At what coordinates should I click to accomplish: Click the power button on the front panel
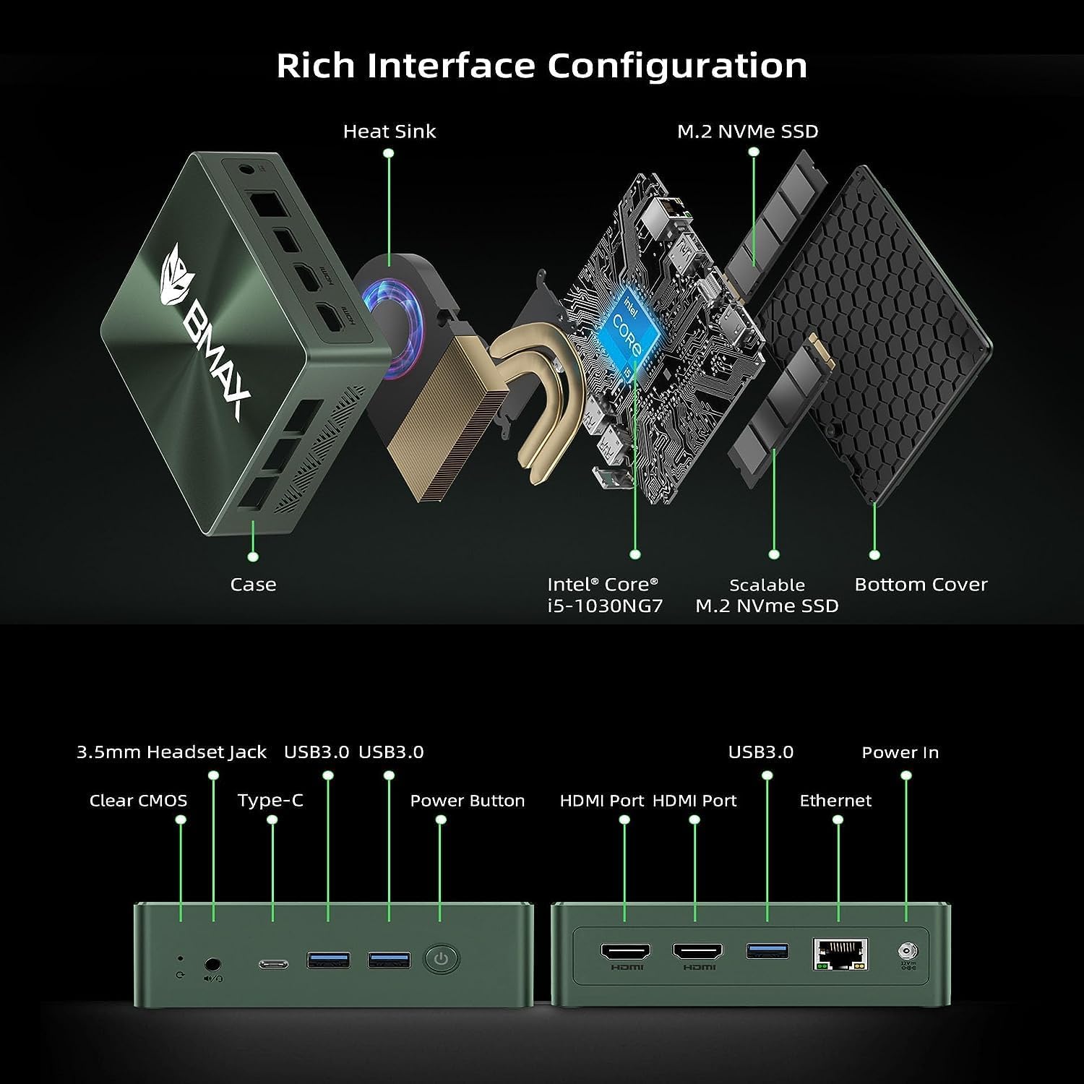click(442, 960)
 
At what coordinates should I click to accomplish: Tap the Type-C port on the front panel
click(273, 963)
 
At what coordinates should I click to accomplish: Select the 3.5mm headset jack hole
click(213, 963)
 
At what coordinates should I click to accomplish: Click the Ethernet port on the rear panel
click(840, 954)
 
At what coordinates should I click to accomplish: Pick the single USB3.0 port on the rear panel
click(767, 950)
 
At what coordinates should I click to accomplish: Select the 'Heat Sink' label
click(390, 132)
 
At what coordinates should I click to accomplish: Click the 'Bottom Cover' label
click(921, 585)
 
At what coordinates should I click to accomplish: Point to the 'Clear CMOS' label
click(138, 801)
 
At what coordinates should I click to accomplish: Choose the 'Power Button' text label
click(467, 801)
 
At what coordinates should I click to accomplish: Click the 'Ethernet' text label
click(835, 801)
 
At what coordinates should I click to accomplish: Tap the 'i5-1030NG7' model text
click(605, 606)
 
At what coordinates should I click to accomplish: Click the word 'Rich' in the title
click(317, 66)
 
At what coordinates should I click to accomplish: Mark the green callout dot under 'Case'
click(253, 556)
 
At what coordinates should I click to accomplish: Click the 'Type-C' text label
click(270, 801)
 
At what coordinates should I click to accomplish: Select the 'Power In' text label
click(900, 753)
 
